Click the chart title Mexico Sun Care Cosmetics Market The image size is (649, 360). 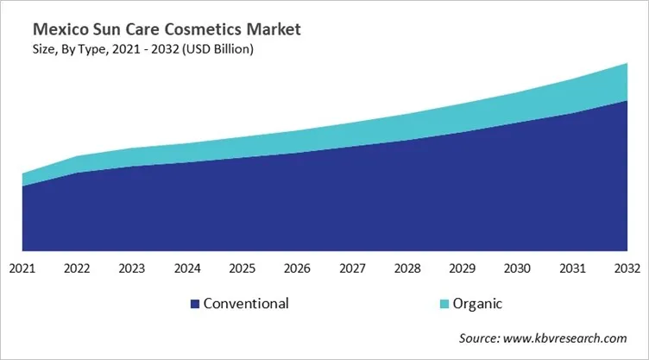point(159,30)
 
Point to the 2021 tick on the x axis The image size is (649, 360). point(22,269)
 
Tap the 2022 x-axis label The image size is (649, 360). point(77,269)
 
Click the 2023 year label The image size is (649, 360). point(132,269)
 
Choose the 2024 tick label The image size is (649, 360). point(187,269)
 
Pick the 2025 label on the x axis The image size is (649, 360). point(243,269)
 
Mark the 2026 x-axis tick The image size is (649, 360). point(297,269)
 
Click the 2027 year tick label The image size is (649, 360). point(352,269)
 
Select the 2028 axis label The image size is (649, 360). point(407,269)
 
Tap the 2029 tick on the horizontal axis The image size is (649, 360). point(463,269)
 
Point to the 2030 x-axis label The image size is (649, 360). point(518,269)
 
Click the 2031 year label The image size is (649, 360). point(572,269)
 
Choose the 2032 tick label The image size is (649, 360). point(627,269)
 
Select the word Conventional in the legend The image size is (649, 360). point(246,304)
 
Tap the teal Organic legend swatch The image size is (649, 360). point(444,304)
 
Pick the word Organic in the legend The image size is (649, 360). point(480,304)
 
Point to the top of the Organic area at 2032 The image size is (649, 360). point(627,64)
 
